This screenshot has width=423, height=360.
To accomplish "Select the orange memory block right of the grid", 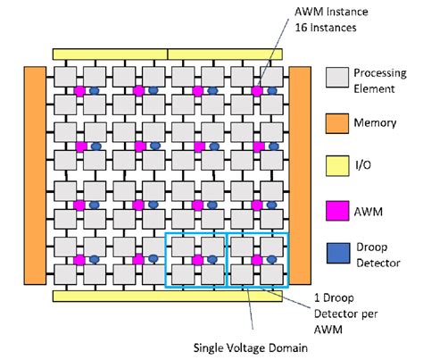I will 299,172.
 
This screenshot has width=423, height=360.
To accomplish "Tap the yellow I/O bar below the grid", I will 168,295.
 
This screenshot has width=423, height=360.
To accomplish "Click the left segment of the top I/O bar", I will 110,54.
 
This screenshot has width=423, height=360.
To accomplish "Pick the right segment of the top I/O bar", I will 225,54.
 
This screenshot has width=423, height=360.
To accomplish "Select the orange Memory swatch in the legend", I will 337,123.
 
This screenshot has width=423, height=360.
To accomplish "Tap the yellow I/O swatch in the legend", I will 337,166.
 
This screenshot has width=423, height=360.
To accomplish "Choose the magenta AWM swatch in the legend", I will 337,209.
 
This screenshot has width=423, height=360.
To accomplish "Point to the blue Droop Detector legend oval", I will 337,253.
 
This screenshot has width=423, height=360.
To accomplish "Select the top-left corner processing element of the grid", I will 64,77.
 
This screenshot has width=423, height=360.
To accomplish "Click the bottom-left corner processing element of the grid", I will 64,272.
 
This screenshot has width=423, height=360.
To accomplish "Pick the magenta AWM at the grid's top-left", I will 79,91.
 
